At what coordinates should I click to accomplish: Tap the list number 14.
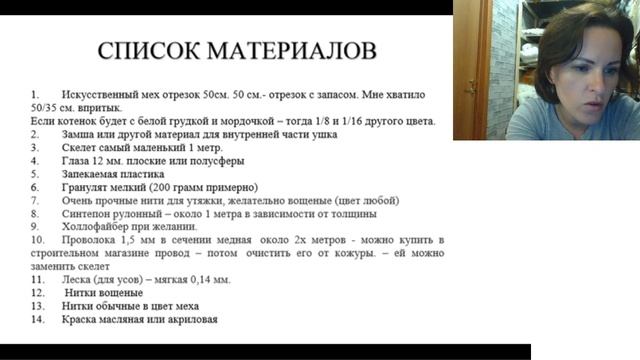[38, 319]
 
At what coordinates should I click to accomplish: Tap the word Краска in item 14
[82, 319]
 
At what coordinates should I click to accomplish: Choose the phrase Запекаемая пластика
[112, 174]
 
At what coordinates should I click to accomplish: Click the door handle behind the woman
[470, 86]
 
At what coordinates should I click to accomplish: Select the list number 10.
[38, 240]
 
